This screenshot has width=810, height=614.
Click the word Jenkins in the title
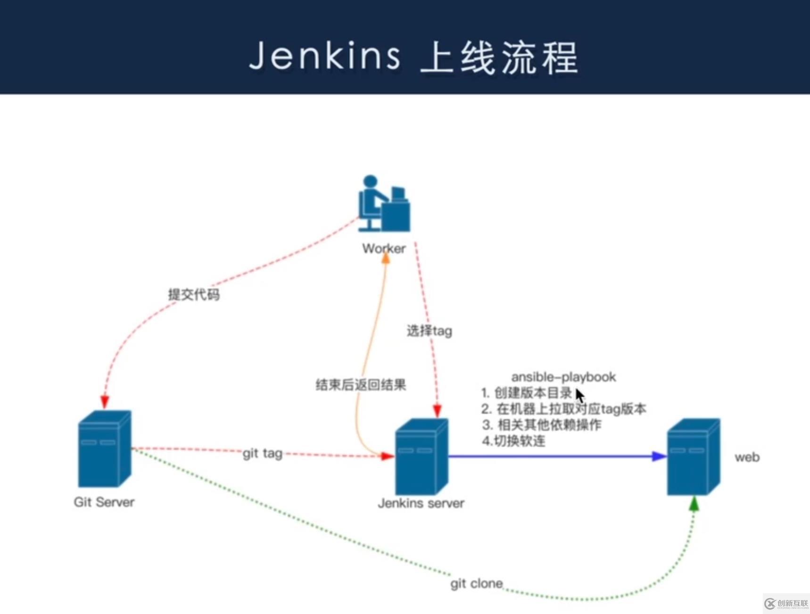click(x=325, y=56)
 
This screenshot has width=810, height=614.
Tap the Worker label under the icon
click(x=383, y=249)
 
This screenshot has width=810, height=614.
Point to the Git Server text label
click(x=104, y=502)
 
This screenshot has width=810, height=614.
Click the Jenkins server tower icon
click(x=422, y=456)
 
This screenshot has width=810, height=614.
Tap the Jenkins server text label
click(x=421, y=503)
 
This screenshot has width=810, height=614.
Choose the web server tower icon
click(x=693, y=456)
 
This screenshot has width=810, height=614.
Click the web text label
click(x=747, y=457)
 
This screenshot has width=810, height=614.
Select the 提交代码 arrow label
click(x=194, y=295)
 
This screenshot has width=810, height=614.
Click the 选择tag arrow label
click(x=429, y=331)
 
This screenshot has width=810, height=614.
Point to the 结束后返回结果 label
click(x=361, y=385)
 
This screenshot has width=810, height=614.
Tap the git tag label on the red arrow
click(x=262, y=453)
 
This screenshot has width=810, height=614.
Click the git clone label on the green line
click(x=476, y=583)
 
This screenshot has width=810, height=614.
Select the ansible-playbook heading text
click(x=563, y=377)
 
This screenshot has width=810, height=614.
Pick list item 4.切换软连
click(x=513, y=441)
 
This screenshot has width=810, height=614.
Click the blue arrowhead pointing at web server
click(x=659, y=456)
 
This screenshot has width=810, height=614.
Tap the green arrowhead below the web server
click(x=694, y=504)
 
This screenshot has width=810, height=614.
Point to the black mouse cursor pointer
click(x=579, y=395)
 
